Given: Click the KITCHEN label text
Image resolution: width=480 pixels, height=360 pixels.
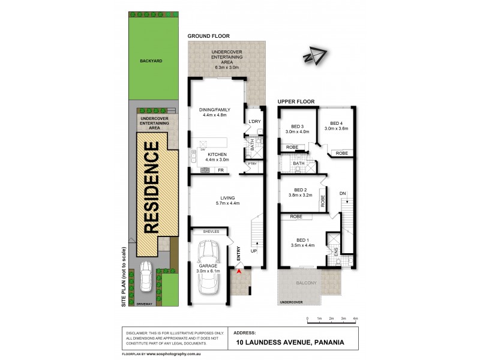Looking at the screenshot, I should (217, 155).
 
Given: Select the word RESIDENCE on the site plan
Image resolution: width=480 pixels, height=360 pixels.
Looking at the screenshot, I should (152, 187).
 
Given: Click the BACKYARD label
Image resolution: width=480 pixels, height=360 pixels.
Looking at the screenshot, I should (151, 61).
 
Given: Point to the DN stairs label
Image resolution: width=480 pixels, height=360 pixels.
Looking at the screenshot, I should (343, 193).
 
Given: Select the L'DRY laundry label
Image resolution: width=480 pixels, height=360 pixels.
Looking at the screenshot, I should (254, 122).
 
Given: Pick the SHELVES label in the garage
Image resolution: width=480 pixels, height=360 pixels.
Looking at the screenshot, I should (211, 232).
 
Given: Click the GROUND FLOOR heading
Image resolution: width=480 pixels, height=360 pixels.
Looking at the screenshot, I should (209, 36).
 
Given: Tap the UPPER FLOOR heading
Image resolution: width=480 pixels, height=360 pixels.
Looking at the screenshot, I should (298, 102).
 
